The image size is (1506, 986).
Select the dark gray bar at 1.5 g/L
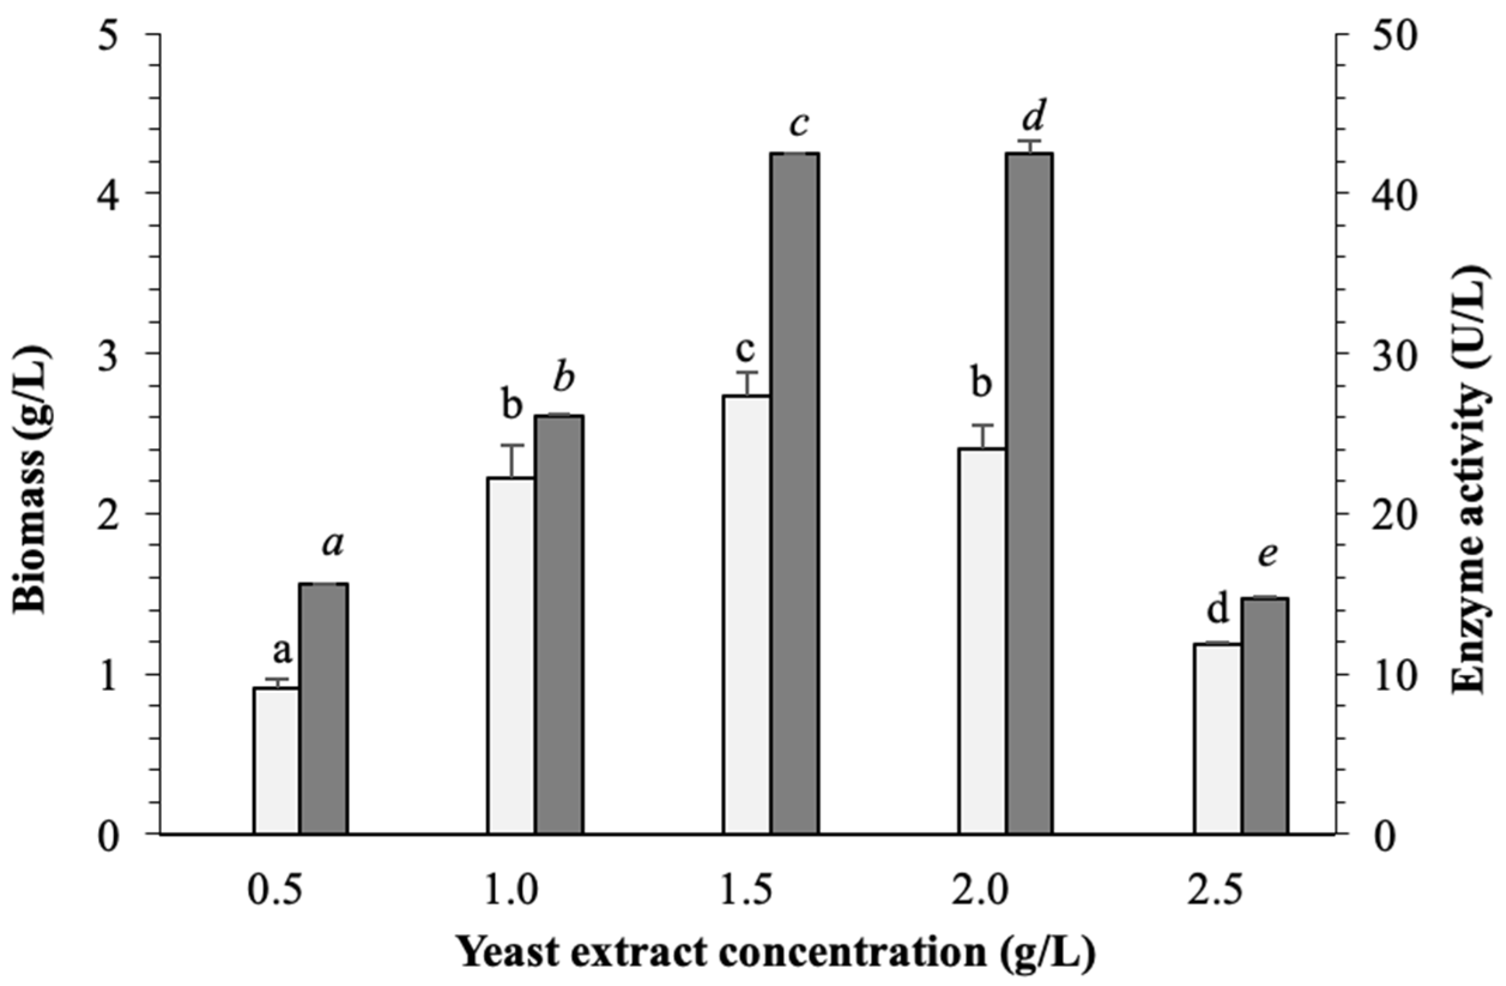coord(794,494)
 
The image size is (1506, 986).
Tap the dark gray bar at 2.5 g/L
coord(1264,715)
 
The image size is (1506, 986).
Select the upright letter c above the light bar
coord(747,349)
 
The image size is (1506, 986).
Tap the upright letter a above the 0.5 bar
coord(281,652)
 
